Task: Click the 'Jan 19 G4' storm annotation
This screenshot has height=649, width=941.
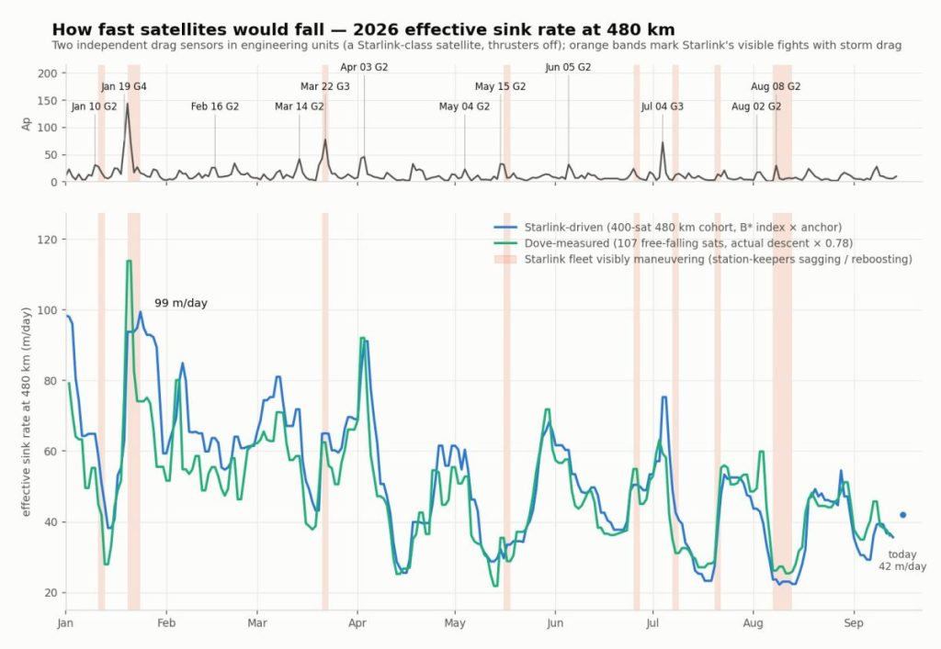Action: pyautogui.click(x=124, y=86)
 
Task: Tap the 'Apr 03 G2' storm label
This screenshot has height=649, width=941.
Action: pyautogui.click(x=364, y=67)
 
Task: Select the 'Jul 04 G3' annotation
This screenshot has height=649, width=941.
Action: pyautogui.click(x=662, y=106)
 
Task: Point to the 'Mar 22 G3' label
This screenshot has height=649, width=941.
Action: pyautogui.click(x=324, y=86)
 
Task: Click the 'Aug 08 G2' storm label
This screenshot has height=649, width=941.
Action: pyautogui.click(x=776, y=86)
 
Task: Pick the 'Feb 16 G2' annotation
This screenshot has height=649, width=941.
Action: pyautogui.click(x=215, y=106)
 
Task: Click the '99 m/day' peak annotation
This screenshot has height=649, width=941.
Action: pyautogui.click(x=181, y=303)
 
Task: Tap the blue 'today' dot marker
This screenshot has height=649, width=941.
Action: pyautogui.click(x=902, y=515)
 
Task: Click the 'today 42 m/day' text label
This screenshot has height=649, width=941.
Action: pyautogui.click(x=902, y=560)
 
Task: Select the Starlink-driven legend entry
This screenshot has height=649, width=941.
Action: pyautogui.click(x=667, y=227)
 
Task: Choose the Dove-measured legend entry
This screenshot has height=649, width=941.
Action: pyautogui.click(x=673, y=243)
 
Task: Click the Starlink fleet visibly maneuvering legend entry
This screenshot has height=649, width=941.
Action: pyautogui.click(x=703, y=260)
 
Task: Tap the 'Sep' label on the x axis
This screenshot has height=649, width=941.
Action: pyautogui.click(x=854, y=623)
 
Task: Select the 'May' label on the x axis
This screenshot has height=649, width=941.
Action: pyautogui.click(x=455, y=623)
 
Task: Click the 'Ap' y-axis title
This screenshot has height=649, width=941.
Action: pyautogui.click(x=27, y=123)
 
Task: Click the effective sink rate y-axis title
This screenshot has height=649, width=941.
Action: pyautogui.click(x=26, y=411)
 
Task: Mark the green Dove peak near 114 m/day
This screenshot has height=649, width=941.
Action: pyautogui.click(x=129, y=261)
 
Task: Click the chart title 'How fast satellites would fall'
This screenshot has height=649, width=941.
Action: pyautogui.click(x=364, y=29)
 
